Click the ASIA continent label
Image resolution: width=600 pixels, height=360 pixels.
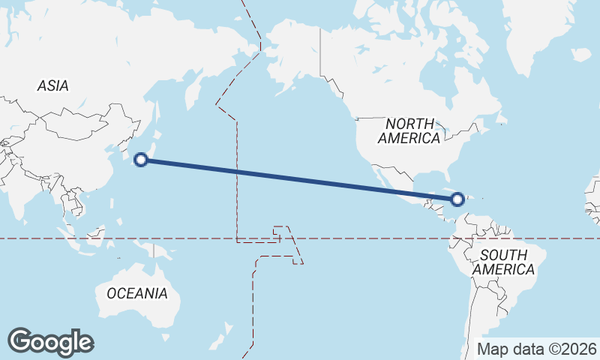pyautogui.click(x=52, y=86)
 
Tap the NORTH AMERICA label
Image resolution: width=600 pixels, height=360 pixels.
pyautogui.click(x=409, y=130)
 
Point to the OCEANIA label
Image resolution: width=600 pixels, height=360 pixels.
pyautogui.click(x=137, y=293)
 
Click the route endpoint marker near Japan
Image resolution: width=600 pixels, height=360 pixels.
pyautogui.click(x=140, y=158)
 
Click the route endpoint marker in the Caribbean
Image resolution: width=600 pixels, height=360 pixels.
pyautogui.click(x=457, y=199)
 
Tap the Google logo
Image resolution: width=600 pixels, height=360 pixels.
pyautogui.click(x=51, y=341)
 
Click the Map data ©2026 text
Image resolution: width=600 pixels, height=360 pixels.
pyautogui.click(x=537, y=349)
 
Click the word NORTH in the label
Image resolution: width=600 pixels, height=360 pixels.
pyautogui.click(x=409, y=123)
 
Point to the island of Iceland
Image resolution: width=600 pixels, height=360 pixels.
pyautogui.click(x=582, y=55)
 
